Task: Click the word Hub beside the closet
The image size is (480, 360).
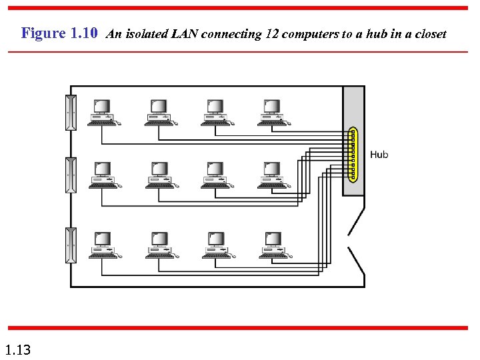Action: click(x=379, y=155)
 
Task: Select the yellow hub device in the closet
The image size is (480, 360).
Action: click(x=353, y=155)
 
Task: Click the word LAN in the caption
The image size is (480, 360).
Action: click(x=184, y=34)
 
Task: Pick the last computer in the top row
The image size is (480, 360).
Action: click(x=273, y=112)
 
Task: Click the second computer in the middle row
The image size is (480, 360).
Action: click(x=160, y=175)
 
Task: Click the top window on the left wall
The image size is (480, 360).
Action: click(x=71, y=113)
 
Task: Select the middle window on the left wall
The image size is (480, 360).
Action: click(x=71, y=175)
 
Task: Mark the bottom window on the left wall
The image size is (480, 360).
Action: click(x=71, y=245)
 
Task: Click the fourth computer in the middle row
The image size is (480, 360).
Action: click(x=273, y=175)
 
